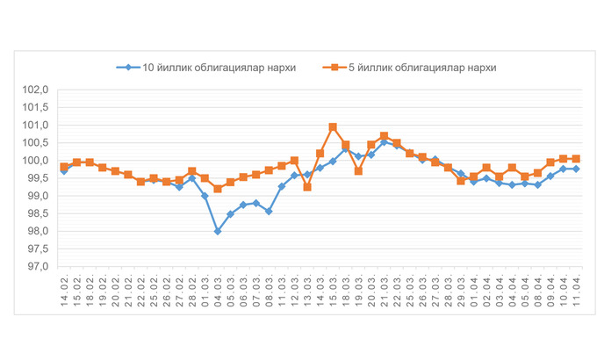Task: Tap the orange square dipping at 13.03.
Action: coord(307,187)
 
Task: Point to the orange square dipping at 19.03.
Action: coord(358,171)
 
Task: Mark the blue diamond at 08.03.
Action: coord(269,211)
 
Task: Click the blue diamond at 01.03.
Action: coord(205,196)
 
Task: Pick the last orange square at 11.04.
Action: coord(576,159)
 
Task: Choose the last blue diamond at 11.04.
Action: coord(576,169)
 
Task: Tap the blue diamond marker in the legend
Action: coord(128,67)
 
